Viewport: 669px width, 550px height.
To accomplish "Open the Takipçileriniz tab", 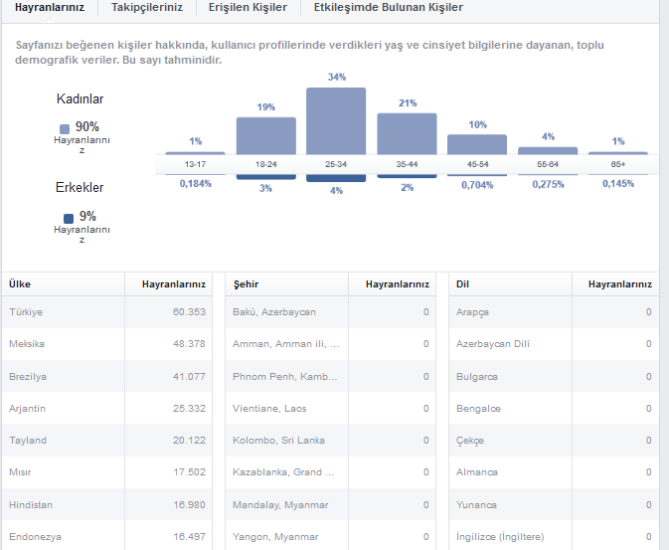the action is [x=147, y=7].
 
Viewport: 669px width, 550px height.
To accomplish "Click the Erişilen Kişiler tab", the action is [x=248, y=7].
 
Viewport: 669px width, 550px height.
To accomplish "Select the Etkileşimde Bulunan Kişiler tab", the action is [x=389, y=7].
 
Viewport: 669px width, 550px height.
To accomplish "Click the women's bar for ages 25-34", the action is [x=336, y=121].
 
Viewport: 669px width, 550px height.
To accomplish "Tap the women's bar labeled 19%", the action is [x=266, y=136].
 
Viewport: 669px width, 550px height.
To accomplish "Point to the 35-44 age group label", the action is [x=407, y=164].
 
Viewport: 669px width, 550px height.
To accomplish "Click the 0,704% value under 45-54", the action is [x=477, y=185].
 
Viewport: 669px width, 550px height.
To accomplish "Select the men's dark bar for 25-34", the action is [x=336, y=178].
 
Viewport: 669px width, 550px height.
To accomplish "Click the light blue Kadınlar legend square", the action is [x=65, y=129].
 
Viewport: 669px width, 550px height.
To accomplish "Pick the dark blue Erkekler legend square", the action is [x=69, y=219].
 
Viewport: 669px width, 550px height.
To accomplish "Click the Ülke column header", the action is [x=20, y=284].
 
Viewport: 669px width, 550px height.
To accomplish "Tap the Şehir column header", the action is [x=246, y=284].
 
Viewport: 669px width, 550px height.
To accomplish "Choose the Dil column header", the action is [x=462, y=284].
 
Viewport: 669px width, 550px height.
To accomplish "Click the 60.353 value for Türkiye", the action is [x=189, y=311].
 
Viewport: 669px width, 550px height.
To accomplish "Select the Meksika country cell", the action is [x=27, y=344].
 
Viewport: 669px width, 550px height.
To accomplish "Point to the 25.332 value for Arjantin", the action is [x=189, y=408].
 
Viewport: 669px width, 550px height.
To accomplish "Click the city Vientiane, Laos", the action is [x=269, y=408].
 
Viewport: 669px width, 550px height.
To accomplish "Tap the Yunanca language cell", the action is [x=476, y=504].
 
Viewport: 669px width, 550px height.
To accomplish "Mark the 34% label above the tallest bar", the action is [x=337, y=77].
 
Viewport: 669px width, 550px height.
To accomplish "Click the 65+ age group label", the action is [x=617, y=164].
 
